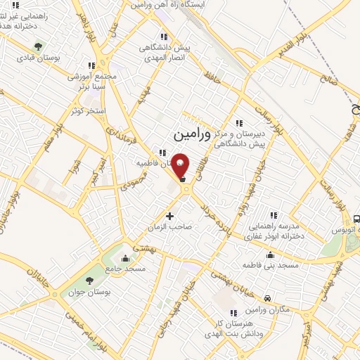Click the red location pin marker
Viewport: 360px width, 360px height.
pos(181,165)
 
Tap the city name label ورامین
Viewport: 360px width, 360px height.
pos(191,132)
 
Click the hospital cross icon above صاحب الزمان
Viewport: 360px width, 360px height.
pos(169,215)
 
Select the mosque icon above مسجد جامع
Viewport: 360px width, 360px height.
pos(125,257)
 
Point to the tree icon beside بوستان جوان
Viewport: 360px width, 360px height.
pos(75,292)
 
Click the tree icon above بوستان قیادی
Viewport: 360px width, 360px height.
pos(39,46)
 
